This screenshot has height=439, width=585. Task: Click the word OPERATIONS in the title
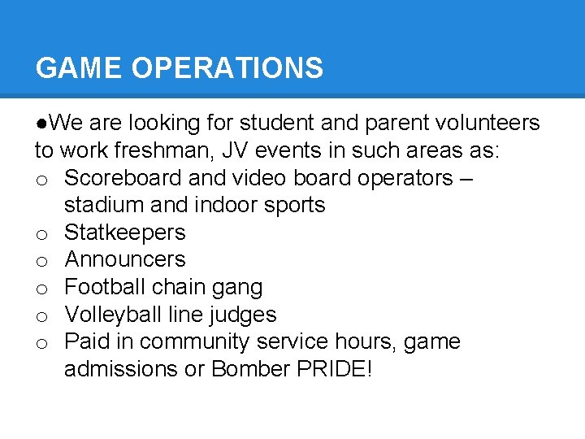[x=227, y=68]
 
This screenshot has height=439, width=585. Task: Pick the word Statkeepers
[x=125, y=233]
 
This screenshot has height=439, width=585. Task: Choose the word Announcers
[x=125, y=260]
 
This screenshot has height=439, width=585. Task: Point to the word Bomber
[x=240, y=369]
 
